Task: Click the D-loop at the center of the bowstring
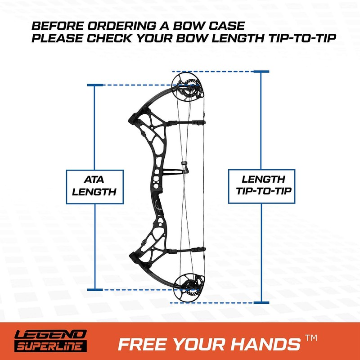pyautogui.click(x=184, y=168)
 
